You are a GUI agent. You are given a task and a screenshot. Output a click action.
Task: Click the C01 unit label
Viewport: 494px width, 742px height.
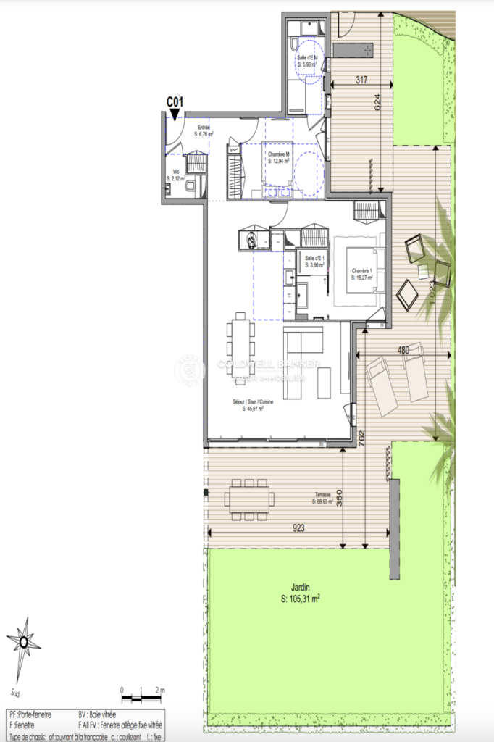pos(175,101)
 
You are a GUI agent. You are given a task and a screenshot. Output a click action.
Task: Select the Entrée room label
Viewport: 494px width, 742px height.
pos(204,128)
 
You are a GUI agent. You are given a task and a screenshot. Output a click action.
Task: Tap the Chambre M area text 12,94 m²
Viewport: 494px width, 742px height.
pos(279,162)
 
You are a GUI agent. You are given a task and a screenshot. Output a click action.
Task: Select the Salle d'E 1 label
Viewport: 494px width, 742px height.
pos(316,259)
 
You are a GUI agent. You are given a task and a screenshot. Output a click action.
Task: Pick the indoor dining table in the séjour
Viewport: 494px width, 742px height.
pos(240,349)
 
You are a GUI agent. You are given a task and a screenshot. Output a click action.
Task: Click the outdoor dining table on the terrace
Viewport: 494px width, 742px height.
pos(248,499)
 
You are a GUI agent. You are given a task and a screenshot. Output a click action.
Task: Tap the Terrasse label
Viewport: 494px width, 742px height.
pos(322,494)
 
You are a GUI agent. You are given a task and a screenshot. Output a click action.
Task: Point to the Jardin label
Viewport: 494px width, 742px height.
pos(301,588)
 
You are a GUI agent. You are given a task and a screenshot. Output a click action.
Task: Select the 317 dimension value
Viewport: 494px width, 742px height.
pos(353,80)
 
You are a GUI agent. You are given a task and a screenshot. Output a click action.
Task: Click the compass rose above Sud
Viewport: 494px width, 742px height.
pos(24,641)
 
